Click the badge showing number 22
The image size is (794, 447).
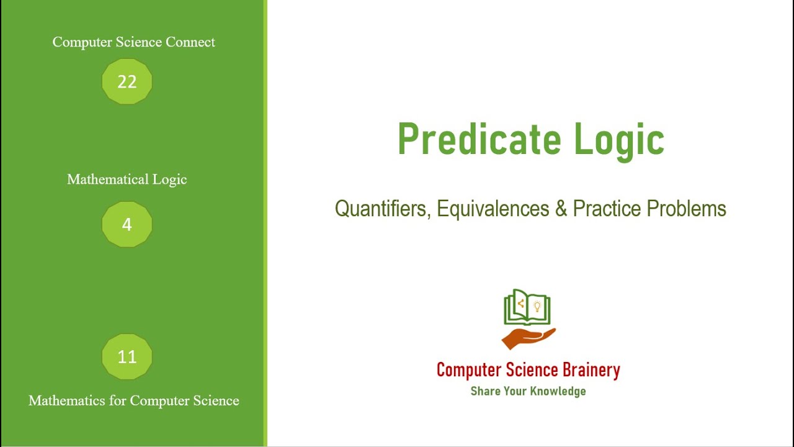127,81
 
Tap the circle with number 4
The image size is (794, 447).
127,224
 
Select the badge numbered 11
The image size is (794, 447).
127,357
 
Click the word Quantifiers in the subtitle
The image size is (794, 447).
381,209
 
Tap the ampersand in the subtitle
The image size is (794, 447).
561,209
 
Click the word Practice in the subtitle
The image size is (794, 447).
607,209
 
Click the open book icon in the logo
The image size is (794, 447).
527,308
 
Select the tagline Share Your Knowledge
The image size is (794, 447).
528,391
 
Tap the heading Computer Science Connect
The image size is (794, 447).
133,42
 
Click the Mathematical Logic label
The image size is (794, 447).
127,179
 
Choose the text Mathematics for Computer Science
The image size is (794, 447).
133,401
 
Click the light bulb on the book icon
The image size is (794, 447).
537,305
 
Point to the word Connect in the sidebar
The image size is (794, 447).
190,42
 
